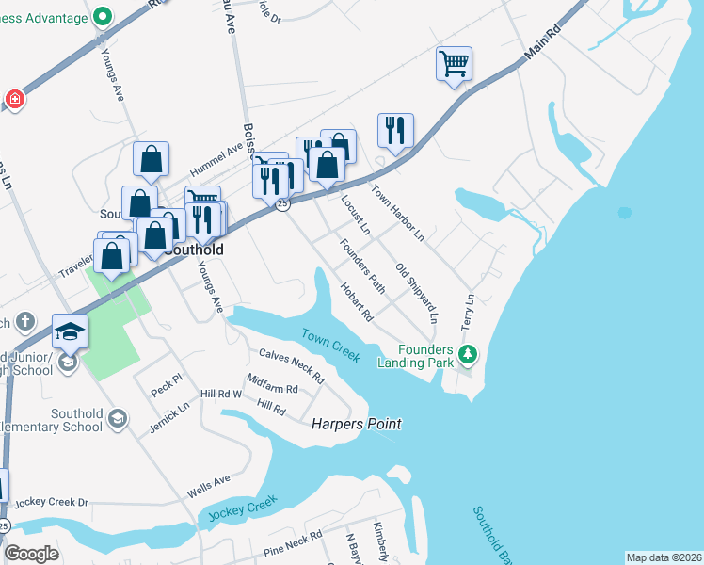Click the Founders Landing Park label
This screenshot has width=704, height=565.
point(415,355)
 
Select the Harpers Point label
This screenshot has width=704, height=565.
point(357,425)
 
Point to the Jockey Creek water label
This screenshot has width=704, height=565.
point(243,509)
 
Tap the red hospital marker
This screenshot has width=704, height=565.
point(14,98)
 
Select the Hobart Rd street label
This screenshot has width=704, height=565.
point(357,302)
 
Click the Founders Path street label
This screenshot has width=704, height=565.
point(363,265)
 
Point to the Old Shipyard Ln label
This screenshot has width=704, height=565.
point(417,293)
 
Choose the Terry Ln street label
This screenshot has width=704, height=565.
point(468,309)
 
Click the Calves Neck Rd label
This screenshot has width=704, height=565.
point(292,366)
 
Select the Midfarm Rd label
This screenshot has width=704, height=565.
point(272,383)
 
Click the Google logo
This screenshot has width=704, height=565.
point(31,554)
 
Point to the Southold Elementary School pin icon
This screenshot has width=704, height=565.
point(118,418)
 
